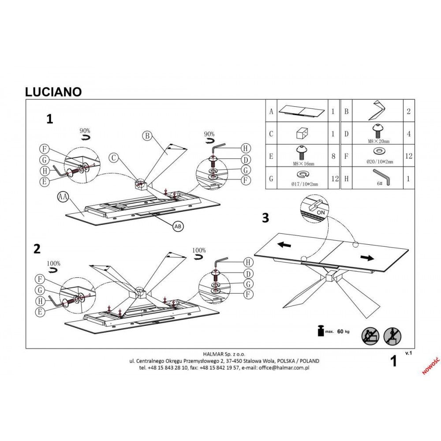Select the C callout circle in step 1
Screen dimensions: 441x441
point(114,157)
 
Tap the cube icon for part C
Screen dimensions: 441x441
point(302,133)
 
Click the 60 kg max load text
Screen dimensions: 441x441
point(343,332)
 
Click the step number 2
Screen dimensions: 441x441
point(37,249)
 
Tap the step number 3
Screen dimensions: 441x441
point(265,218)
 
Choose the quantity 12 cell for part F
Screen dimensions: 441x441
point(408,156)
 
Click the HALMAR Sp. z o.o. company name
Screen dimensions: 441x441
point(224,354)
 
